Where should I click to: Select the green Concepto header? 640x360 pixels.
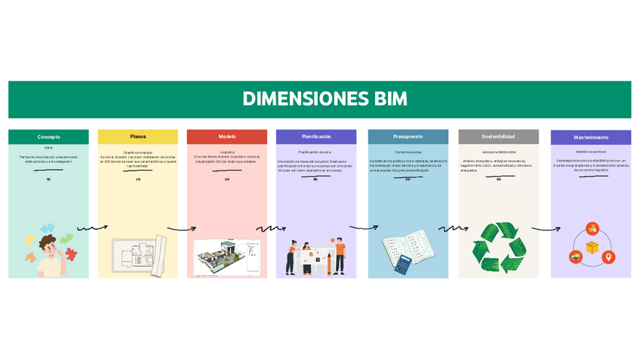48,137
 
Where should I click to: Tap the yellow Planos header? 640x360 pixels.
138,137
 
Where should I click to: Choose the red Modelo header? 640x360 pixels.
227,137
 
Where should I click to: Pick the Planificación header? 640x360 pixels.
316,137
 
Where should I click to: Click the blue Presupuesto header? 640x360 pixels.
408,137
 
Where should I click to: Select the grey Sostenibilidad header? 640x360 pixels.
498,137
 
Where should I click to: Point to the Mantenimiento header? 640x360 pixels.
591,137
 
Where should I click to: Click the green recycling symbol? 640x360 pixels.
498,247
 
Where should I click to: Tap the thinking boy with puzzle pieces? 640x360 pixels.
50,249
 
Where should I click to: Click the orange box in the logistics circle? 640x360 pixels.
592,248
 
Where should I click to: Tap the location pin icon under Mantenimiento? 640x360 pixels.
608,257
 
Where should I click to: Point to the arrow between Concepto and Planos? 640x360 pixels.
93,227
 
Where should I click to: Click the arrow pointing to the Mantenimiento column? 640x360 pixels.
546,229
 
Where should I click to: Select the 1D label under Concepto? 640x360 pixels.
48,180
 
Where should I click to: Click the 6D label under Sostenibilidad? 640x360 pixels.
499,180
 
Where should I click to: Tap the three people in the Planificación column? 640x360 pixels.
316,257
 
